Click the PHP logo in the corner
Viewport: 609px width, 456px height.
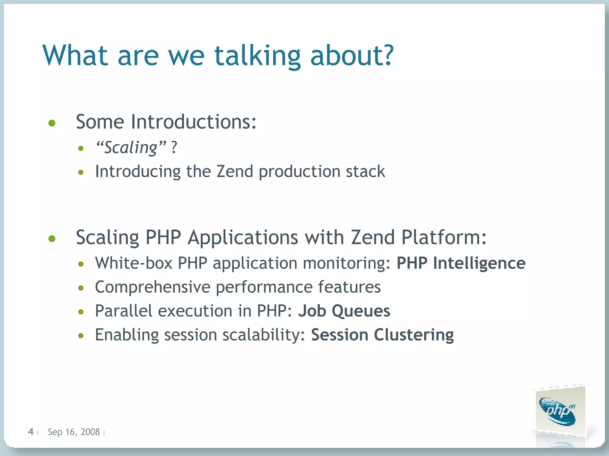[558, 411]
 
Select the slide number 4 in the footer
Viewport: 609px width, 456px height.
[31, 431]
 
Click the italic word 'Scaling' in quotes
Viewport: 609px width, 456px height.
[131, 147]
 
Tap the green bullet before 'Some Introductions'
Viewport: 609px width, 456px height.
[52, 123]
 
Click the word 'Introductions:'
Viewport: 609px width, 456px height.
[193, 122]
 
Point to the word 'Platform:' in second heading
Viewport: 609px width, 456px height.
[444, 237]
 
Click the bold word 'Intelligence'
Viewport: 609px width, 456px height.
[479, 263]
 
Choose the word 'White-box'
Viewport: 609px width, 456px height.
[134, 263]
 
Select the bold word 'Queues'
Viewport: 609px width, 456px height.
[361, 311]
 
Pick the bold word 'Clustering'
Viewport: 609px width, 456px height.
[414, 335]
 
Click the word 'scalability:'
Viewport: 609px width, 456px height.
[264, 335]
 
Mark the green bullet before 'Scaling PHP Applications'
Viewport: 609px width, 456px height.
[52, 238]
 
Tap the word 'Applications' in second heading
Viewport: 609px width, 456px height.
[243, 237]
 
